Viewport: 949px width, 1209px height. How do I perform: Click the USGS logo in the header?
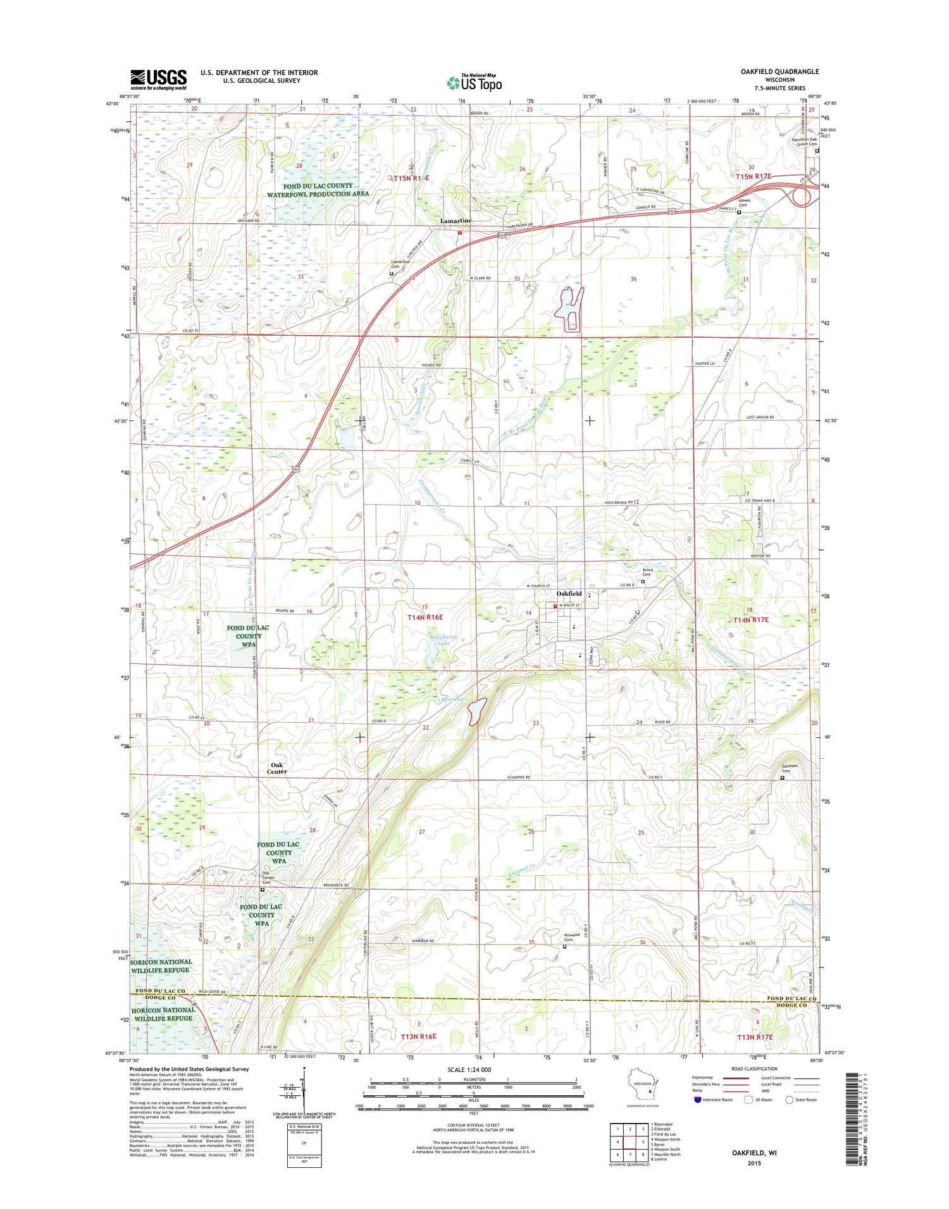pos(158,79)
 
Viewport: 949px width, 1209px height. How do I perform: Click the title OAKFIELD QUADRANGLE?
pos(779,71)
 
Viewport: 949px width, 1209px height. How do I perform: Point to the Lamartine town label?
pos(456,221)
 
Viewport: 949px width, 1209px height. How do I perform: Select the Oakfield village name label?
pos(569,594)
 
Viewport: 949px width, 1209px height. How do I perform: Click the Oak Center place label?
pos(276,768)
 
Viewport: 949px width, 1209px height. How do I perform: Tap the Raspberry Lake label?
pos(439,639)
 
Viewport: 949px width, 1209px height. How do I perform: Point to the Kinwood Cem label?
pos(572,937)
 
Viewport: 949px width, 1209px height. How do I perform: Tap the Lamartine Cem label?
pos(399,264)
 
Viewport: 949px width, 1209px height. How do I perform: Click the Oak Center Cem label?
pos(268,878)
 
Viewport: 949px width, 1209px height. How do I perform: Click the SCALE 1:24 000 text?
pos(469,1070)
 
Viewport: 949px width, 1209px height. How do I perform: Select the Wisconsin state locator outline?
pos(642,1088)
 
